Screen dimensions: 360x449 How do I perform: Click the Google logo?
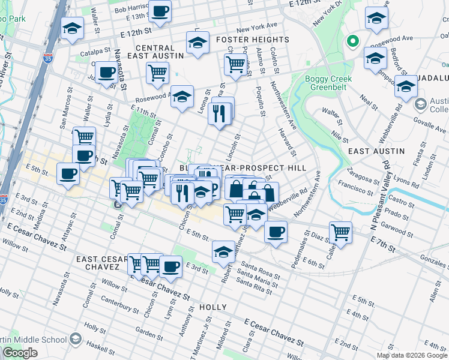tap(20, 353)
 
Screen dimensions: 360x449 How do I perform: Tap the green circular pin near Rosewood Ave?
tap(353, 42)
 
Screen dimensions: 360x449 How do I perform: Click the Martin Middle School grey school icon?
tap(76, 339)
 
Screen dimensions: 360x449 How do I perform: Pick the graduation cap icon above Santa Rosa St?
tap(223, 251)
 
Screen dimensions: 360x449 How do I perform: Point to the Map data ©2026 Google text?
tap(411, 355)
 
